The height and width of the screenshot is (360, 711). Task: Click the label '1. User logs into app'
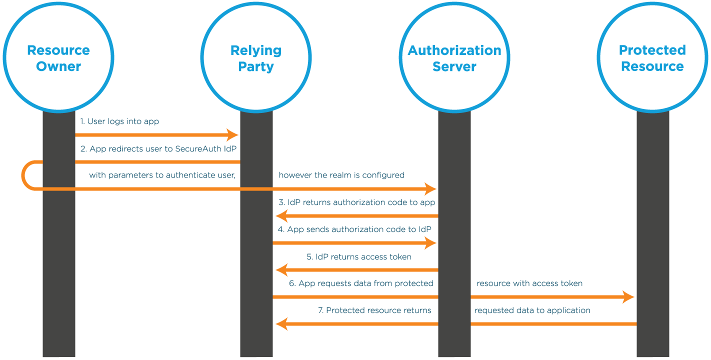[x=120, y=121]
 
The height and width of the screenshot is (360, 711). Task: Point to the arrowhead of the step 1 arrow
[x=232, y=135]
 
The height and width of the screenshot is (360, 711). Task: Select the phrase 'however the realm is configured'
[x=341, y=175]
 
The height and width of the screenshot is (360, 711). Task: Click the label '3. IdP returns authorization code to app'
[x=357, y=202]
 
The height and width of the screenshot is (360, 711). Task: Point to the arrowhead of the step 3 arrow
[x=281, y=216]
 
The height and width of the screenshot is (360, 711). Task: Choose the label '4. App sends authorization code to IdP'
[x=355, y=229]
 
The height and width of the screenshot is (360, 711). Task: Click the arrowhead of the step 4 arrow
[x=430, y=243]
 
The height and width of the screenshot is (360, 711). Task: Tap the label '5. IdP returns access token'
[x=359, y=257]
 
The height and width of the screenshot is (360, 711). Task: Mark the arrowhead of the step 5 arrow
[x=281, y=270]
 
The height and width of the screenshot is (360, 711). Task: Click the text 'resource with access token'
[x=529, y=283]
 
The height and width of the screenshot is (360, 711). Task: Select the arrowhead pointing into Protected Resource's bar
[x=628, y=297]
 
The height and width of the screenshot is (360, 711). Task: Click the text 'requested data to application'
[x=532, y=310]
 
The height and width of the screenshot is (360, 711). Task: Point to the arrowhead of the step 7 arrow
[x=281, y=324]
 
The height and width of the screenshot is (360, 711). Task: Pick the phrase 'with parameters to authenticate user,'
[x=162, y=175]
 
